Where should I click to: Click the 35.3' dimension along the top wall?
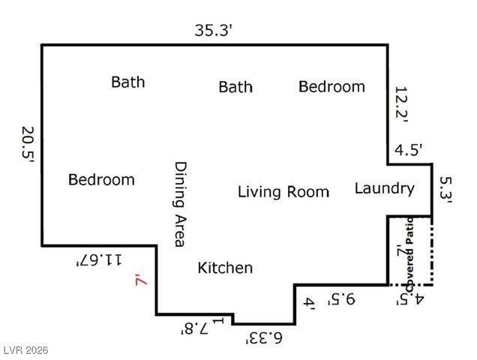pyautogui.click(x=214, y=31)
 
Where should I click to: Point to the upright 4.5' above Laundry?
pyautogui.click(x=409, y=149)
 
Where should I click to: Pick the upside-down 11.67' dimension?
pyautogui.click(x=98, y=259)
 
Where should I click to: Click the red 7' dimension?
pyautogui.click(x=139, y=280)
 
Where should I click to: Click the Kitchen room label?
pyautogui.click(x=225, y=268)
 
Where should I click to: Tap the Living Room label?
pyautogui.click(x=283, y=192)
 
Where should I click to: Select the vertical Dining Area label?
pyautogui.click(x=178, y=204)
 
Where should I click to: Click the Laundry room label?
pyautogui.click(x=384, y=188)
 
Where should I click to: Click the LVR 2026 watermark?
pyautogui.click(x=25, y=350)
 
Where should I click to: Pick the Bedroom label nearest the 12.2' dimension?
pyautogui.click(x=331, y=86)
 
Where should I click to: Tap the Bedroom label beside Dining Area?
pyautogui.click(x=101, y=179)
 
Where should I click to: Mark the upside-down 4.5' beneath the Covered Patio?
pyautogui.click(x=410, y=300)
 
